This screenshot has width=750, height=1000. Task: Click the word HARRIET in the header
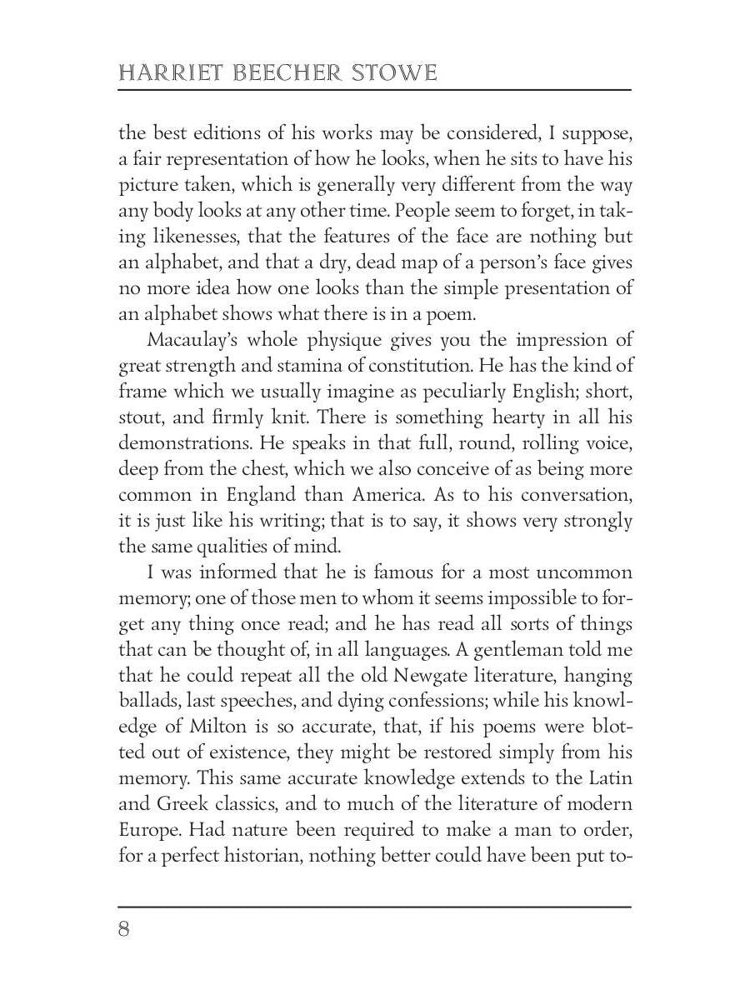click(x=163, y=73)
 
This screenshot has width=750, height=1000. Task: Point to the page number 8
click(x=124, y=929)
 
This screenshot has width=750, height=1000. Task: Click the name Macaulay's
click(x=188, y=341)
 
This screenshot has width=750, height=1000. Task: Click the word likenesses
click(x=200, y=237)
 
